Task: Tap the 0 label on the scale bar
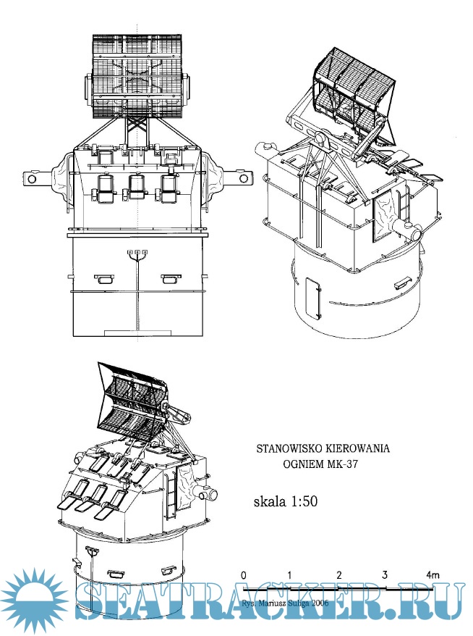tap(244, 574)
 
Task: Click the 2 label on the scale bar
tap(338, 574)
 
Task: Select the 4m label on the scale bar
tap(432, 574)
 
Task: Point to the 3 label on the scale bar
tap(385, 574)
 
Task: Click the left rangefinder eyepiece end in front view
tap(30, 177)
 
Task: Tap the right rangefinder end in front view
tap(242, 177)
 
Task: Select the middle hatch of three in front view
tap(135, 188)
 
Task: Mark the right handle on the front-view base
tap(171, 277)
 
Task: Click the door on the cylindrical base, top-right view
tap(313, 298)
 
